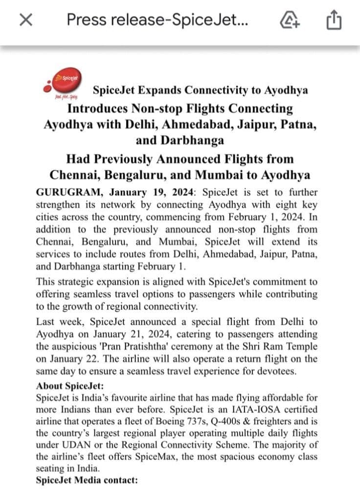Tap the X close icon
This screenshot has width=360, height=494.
26,20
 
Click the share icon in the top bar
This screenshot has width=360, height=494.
333,20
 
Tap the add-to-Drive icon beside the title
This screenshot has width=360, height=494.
290,20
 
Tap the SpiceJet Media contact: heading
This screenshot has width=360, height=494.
87,480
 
